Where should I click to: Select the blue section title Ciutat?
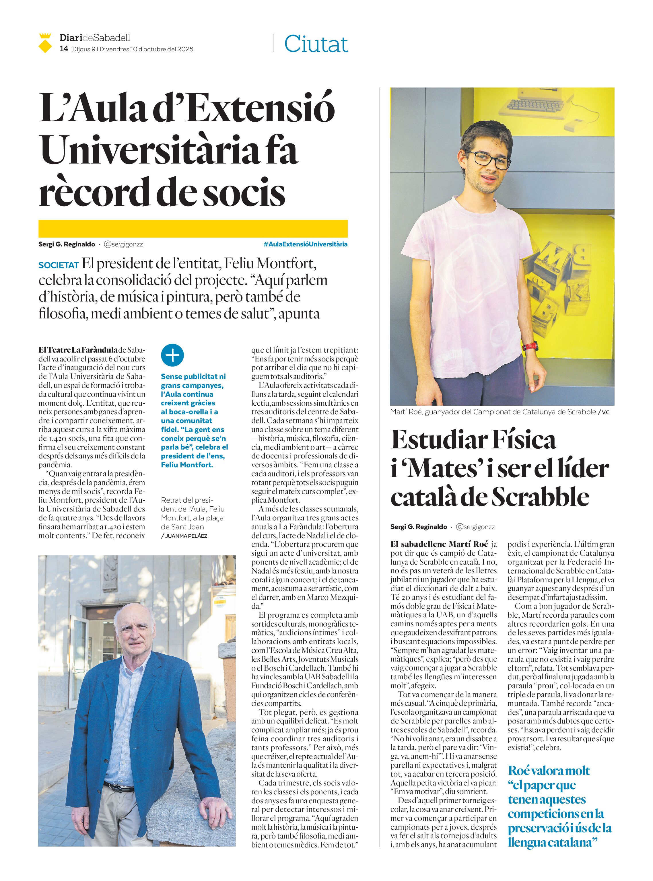pyautogui.click(x=316, y=44)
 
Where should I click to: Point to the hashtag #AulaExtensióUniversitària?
pyautogui.click(x=305, y=244)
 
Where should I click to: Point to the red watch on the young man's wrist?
pyautogui.click(x=530, y=346)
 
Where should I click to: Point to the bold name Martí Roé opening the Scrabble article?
pyautogui.click(x=469, y=544)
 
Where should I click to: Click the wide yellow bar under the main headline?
pyautogui.click(x=193, y=228)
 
